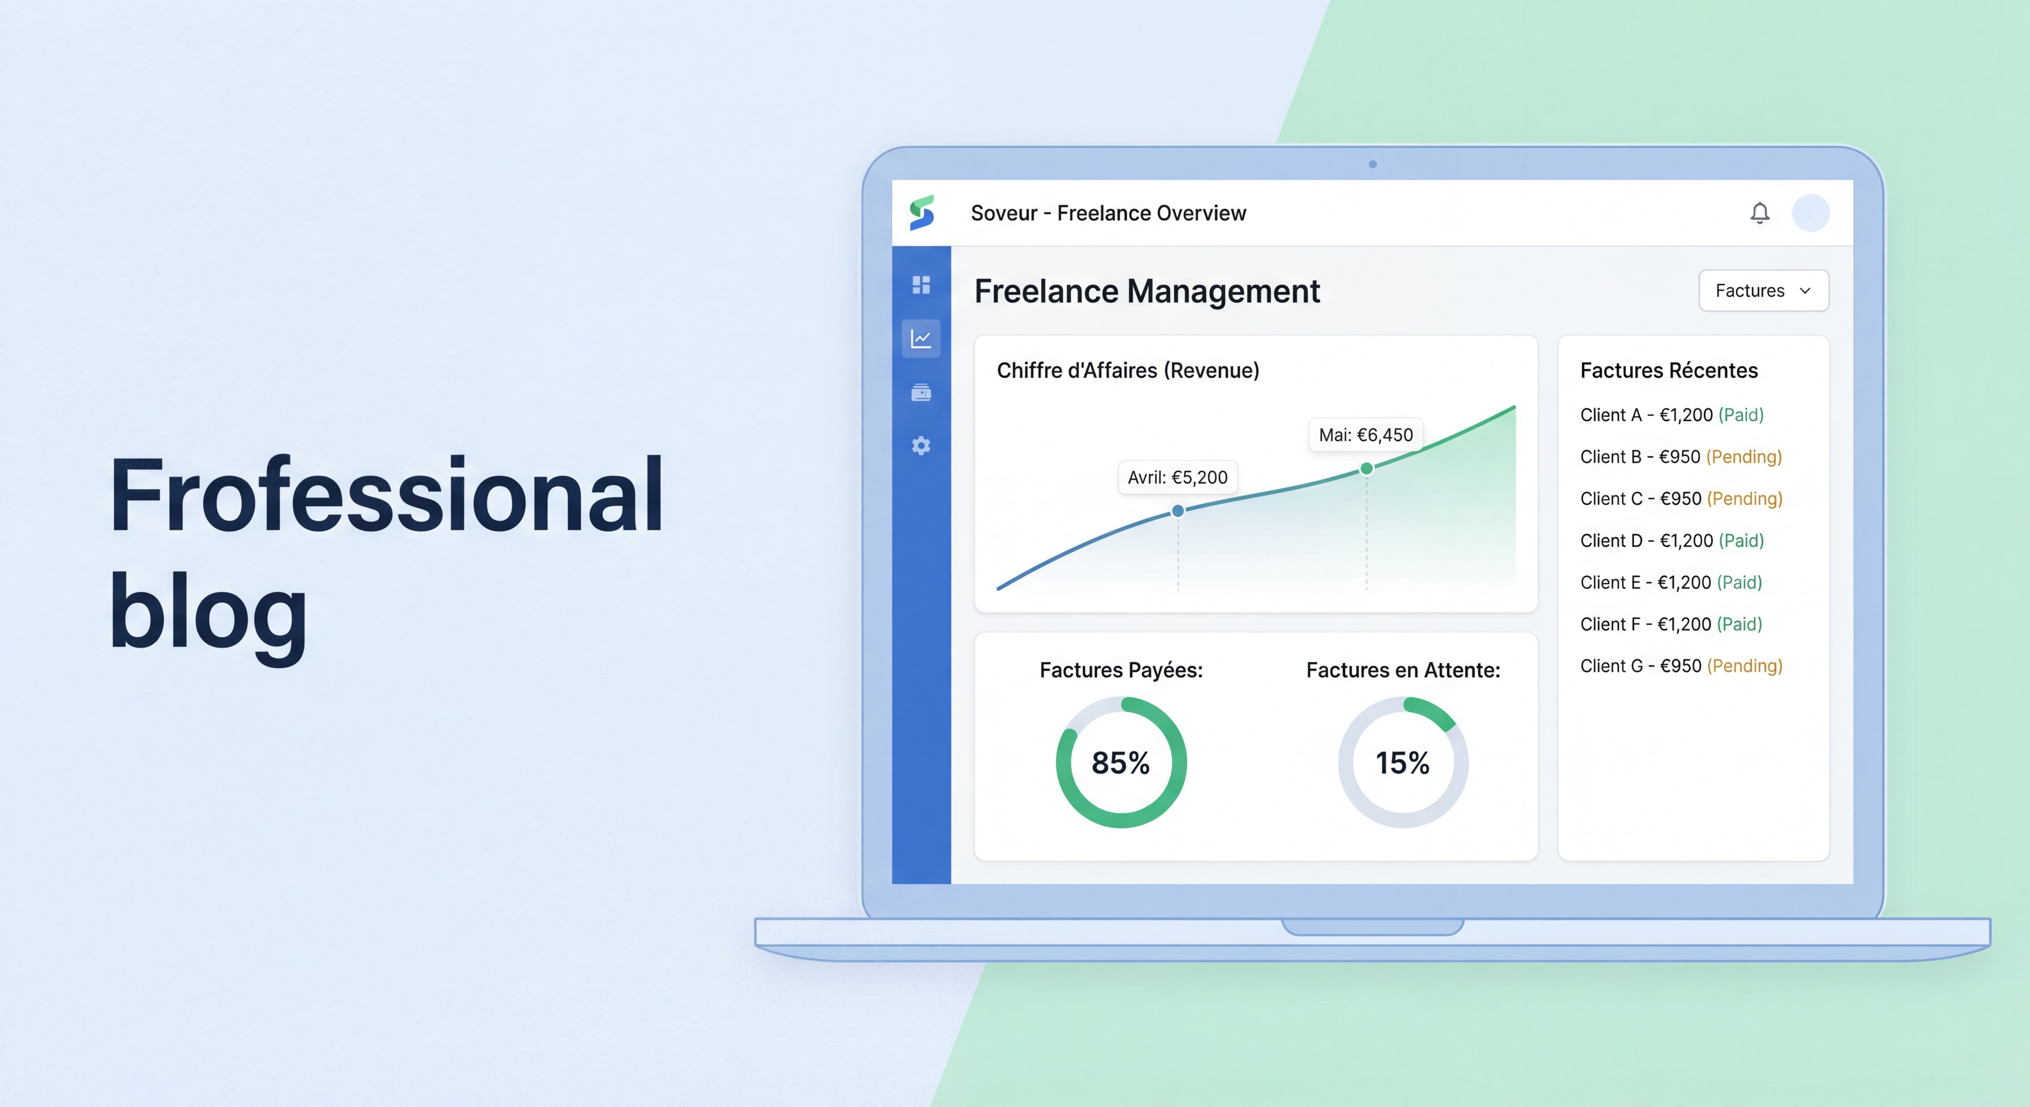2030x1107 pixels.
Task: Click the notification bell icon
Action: click(x=1760, y=213)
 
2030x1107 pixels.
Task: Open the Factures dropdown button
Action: click(x=1763, y=291)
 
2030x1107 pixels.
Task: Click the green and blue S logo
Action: click(x=921, y=213)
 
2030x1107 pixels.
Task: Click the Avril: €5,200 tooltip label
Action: click(x=1177, y=477)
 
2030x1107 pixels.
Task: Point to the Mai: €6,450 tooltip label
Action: click(x=1366, y=435)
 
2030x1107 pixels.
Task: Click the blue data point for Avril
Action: click(x=1177, y=511)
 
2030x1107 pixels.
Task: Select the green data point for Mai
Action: click(x=1366, y=469)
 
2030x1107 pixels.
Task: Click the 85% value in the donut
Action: click(x=1120, y=763)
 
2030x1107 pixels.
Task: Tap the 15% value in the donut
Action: click(x=1402, y=763)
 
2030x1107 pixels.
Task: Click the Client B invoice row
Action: click(x=1680, y=457)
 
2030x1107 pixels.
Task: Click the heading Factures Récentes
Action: click(x=1668, y=370)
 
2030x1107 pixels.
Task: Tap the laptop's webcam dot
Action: click(x=1373, y=164)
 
